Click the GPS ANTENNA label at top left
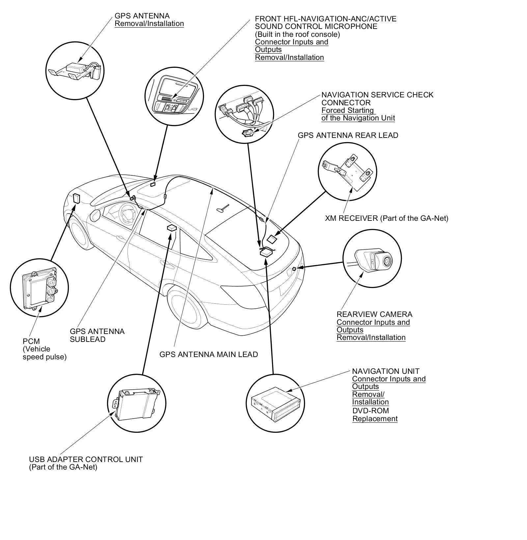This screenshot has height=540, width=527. (142, 16)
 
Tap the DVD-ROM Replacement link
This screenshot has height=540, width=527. (374, 415)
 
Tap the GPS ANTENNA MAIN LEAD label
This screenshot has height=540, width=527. (208, 354)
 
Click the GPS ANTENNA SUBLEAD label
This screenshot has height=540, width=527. (97, 335)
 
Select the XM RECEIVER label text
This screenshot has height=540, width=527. (386, 218)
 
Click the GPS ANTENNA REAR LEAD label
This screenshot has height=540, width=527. (348, 135)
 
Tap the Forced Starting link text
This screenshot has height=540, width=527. (348, 111)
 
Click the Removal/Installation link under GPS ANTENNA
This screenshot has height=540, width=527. (149, 24)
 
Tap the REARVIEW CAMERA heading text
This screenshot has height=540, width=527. (374, 314)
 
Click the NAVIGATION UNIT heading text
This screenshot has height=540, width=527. (386, 371)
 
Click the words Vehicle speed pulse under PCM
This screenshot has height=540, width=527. (44, 353)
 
